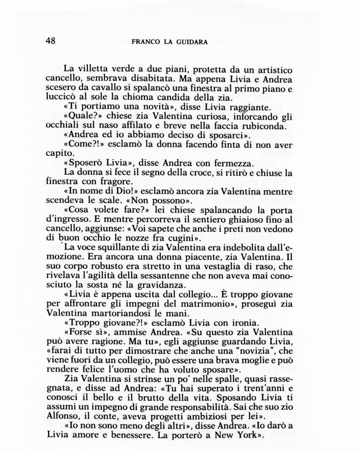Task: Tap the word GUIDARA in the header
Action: (191, 42)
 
